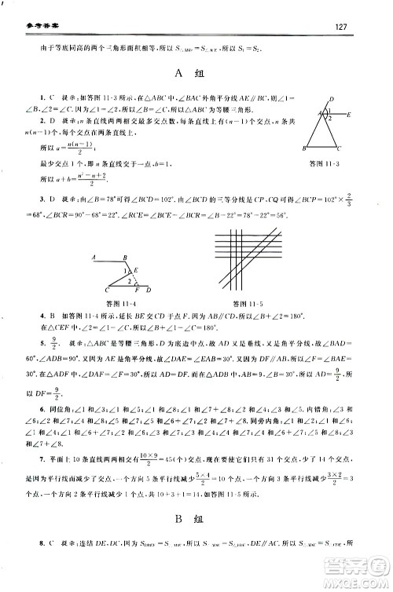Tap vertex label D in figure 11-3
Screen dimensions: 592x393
pyautogui.click(x=332, y=99)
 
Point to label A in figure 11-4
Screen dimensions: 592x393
pyautogui.click(x=93, y=257)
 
